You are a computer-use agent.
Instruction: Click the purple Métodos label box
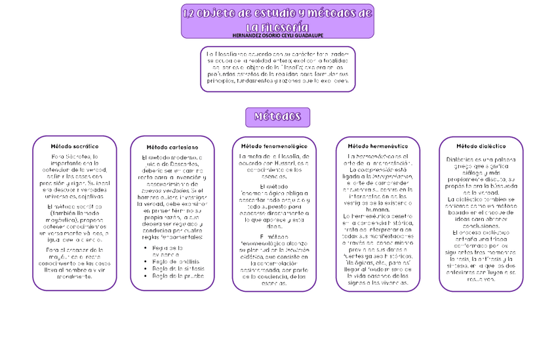[x=277, y=117]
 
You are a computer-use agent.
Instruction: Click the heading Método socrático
[x=74, y=146]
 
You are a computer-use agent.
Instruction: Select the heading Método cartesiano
[x=172, y=148]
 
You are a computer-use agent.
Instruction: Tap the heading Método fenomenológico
[x=274, y=146]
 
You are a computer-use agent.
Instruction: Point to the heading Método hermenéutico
[x=378, y=146]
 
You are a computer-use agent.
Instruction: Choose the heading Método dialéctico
[x=481, y=146]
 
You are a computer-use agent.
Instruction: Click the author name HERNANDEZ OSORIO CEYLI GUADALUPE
[x=277, y=35]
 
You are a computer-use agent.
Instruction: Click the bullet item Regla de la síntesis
[x=178, y=269]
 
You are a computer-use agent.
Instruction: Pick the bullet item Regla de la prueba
[x=176, y=276]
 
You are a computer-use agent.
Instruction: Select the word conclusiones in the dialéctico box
[x=481, y=226]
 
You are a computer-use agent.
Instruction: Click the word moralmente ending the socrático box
[x=74, y=276]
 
